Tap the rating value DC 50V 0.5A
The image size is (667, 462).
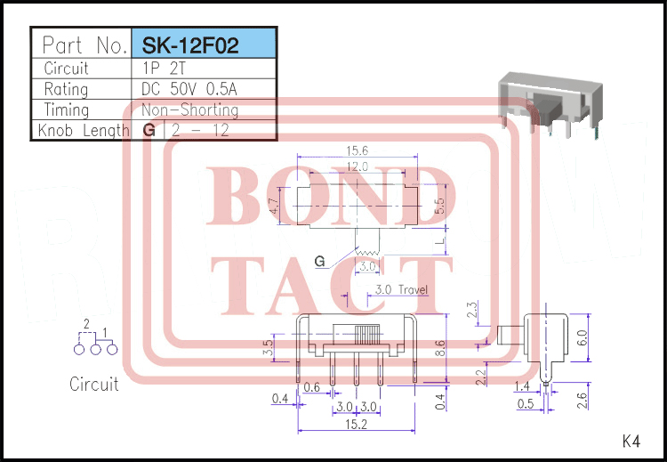pyautogui.click(x=196, y=89)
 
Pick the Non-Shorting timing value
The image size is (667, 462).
pyautogui.click(x=190, y=110)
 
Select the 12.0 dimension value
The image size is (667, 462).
pyautogui.click(x=357, y=166)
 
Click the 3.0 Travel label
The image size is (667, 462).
pyautogui.click(x=401, y=289)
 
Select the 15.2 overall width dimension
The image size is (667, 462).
pyautogui.click(x=356, y=426)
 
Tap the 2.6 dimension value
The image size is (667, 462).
pyautogui.click(x=583, y=400)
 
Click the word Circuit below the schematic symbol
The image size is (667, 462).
pyautogui.click(x=93, y=385)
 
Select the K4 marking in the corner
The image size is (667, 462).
pyautogui.click(x=631, y=440)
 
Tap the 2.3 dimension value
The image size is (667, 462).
pyautogui.click(x=472, y=312)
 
